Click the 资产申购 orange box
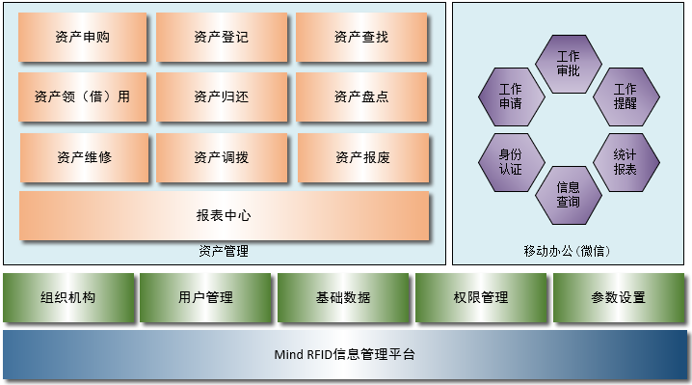(83, 38)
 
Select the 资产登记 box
(221, 38)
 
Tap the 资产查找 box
(361, 38)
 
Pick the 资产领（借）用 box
(83, 96)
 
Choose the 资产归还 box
(221, 96)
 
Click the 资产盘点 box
(361, 96)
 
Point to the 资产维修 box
(84, 157)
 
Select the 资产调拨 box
(221, 157)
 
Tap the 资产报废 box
(362, 157)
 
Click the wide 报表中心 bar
(224, 216)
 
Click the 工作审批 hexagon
(568, 64)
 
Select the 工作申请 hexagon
(511, 96)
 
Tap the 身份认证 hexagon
(511, 161)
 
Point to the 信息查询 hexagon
(568, 194)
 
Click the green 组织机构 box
(68, 297)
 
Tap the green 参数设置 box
(619, 297)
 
